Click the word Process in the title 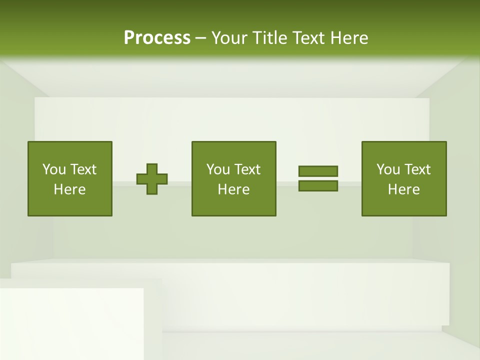click(x=157, y=38)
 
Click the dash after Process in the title click(x=200, y=38)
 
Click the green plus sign click(x=152, y=179)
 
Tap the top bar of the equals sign click(x=318, y=171)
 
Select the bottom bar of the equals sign click(x=318, y=185)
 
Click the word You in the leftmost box click(x=54, y=169)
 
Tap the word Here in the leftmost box click(x=70, y=189)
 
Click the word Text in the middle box click(x=247, y=169)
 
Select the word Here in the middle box click(x=234, y=189)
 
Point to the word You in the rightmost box click(x=388, y=169)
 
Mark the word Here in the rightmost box click(x=404, y=189)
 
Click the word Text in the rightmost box click(x=417, y=169)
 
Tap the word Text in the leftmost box click(x=83, y=169)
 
